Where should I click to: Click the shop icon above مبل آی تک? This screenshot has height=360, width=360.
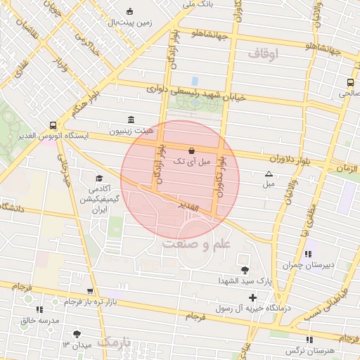tap(192, 150)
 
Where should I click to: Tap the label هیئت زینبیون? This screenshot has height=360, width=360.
tap(129, 131)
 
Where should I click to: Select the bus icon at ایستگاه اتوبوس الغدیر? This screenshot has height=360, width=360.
tap(53, 123)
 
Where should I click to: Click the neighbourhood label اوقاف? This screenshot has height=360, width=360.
tap(264, 53)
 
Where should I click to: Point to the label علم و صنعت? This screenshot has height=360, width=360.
tap(196, 244)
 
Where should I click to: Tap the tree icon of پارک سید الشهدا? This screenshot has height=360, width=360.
tap(244, 270)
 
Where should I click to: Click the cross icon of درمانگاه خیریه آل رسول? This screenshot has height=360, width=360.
tap(252, 298)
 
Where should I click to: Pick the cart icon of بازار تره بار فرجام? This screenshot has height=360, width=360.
tap(89, 291)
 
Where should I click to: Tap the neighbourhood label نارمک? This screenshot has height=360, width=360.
tap(115, 342)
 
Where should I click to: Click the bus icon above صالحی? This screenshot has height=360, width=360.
tap(351, 82)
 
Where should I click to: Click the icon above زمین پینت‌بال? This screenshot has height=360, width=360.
tap(129, 11)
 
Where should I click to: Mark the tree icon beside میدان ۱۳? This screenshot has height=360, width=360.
tap(77, 334)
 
